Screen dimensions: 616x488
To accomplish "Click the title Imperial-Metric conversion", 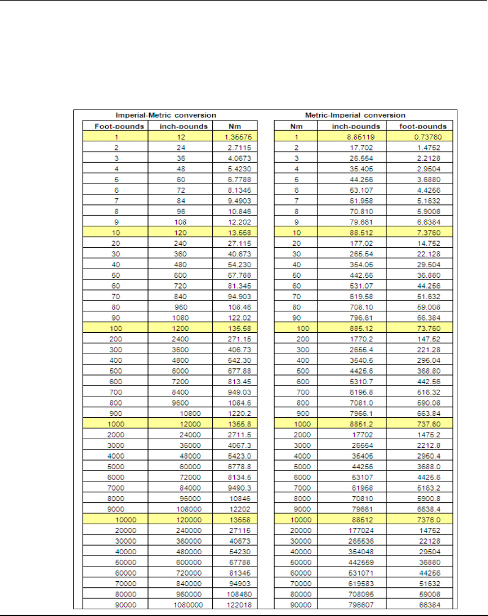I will (166, 115).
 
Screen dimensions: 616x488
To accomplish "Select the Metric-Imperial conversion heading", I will (355, 115).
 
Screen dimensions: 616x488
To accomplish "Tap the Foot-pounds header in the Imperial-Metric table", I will (115, 127).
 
